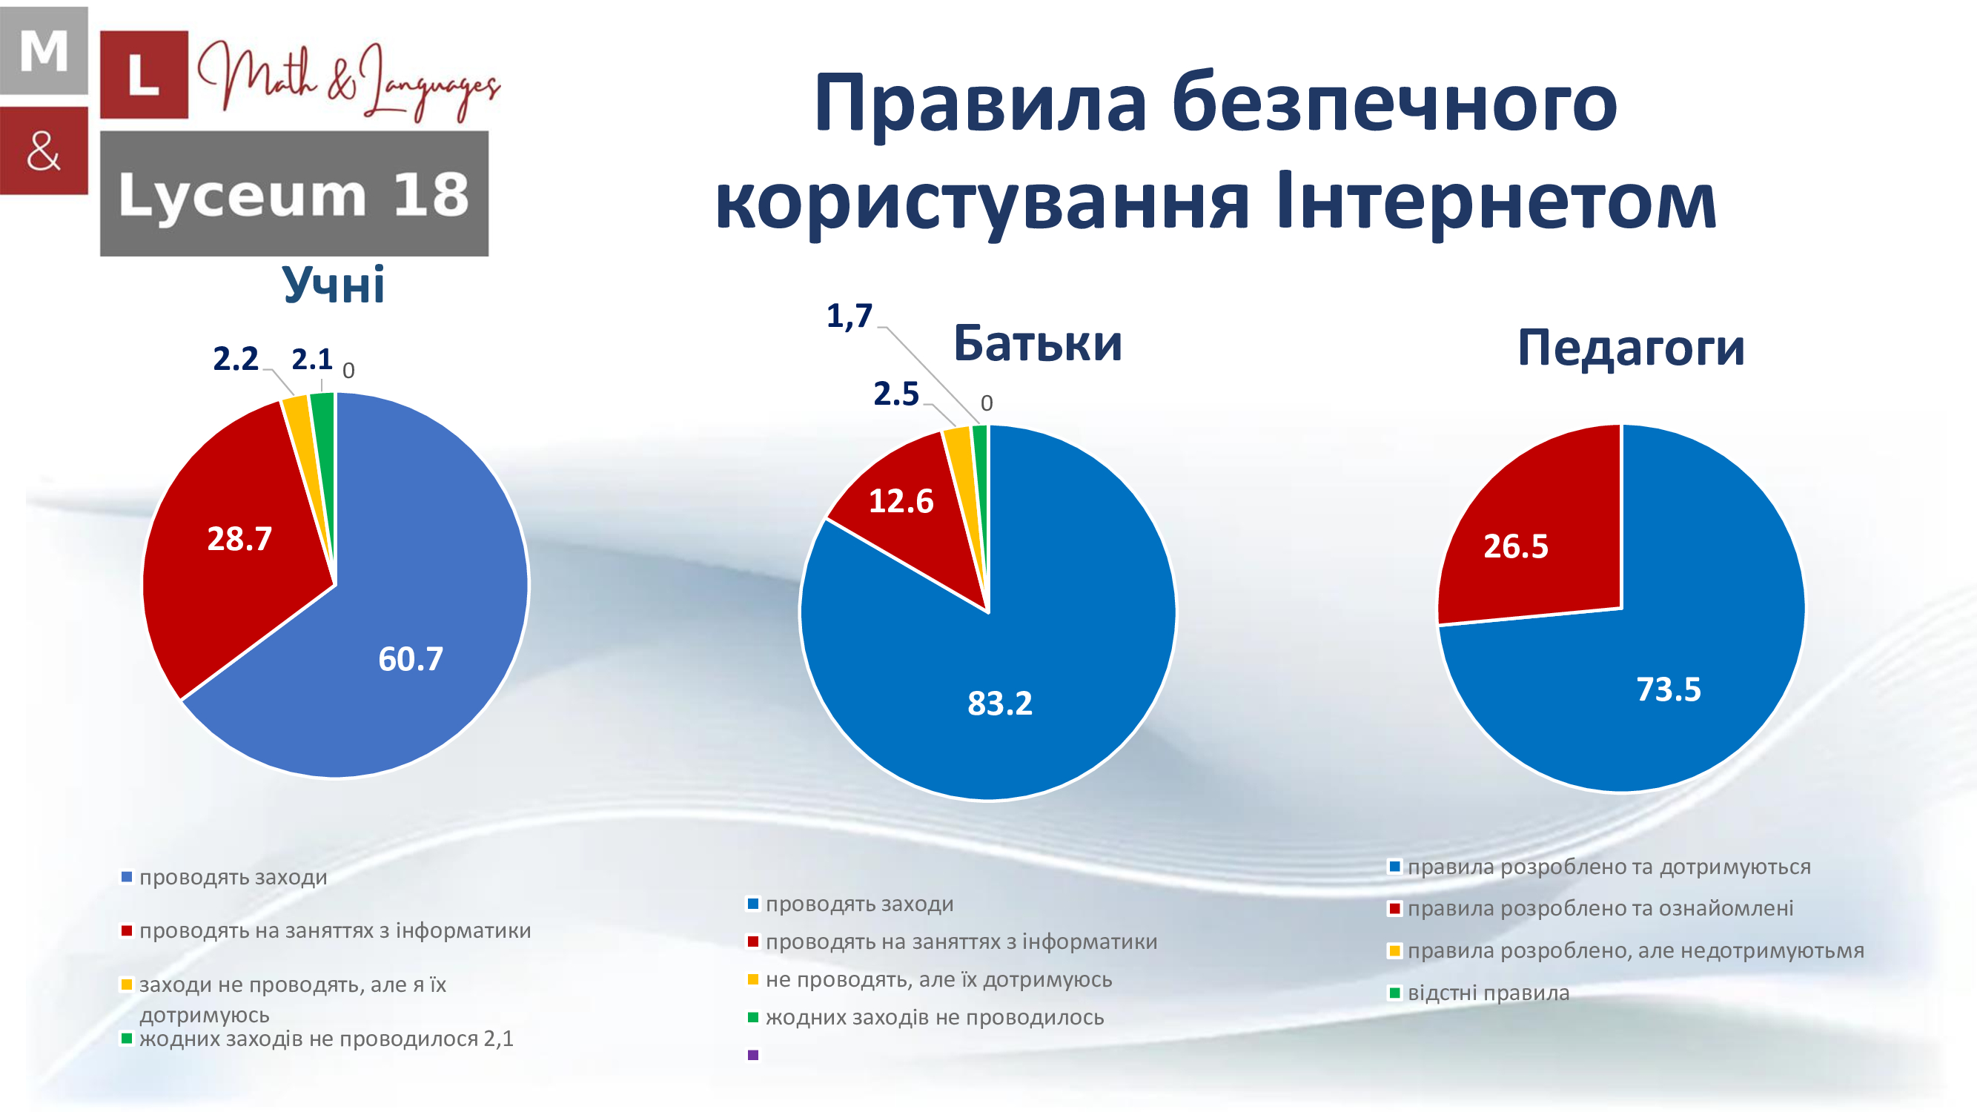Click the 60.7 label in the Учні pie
(411, 658)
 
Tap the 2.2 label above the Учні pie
(236, 358)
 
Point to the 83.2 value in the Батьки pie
(1000, 703)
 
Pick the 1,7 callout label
(850, 315)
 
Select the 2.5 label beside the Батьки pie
(896, 394)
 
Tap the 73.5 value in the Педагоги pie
(1669, 689)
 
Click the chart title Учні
(333, 284)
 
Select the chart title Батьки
(1038, 342)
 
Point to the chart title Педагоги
(1632, 348)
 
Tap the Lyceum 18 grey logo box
(294, 193)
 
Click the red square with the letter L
(145, 74)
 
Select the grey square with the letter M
(44, 50)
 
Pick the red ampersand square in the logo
(44, 150)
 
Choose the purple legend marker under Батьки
(753, 1055)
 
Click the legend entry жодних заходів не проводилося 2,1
(317, 1039)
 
